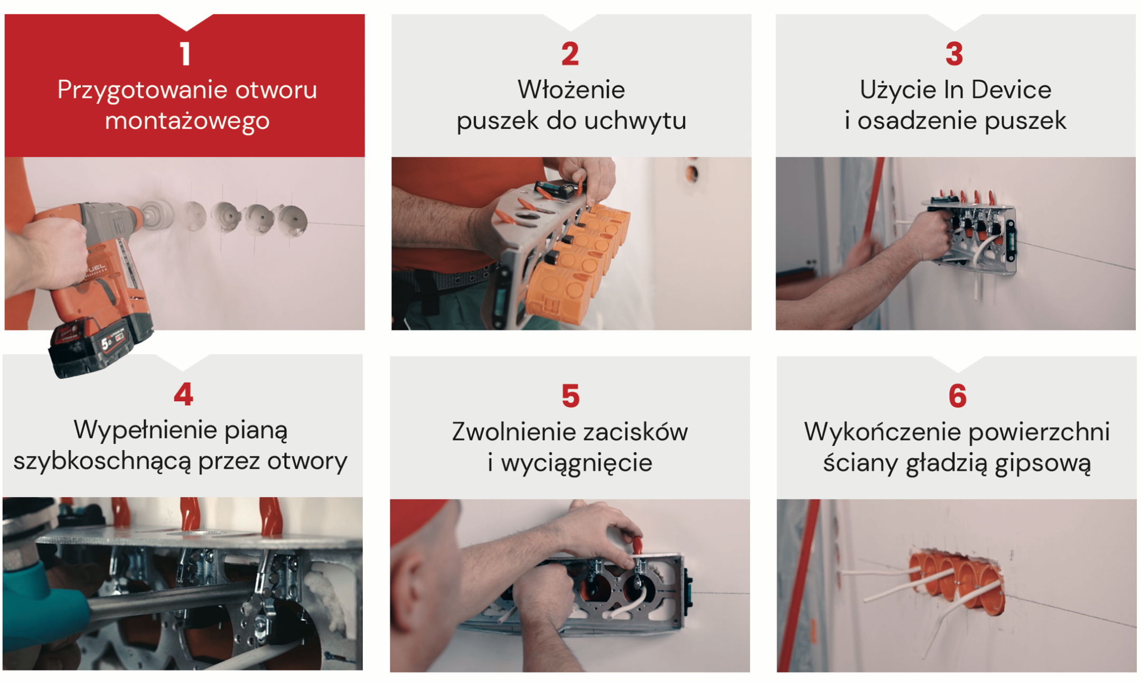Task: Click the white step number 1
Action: click(x=185, y=54)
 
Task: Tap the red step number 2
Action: click(x=570, y=54)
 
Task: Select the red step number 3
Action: click(x=954, y=54)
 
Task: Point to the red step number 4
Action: click(x=183, y=394)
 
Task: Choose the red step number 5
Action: click(x=570, y=396)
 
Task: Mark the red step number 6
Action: click(x=957, y=396)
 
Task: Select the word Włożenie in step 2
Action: click(x=571, y=90)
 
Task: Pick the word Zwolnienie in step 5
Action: click(x=508, y=432)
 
